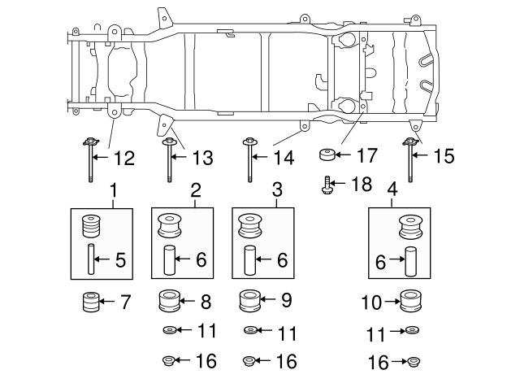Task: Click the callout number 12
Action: pyautogui.click(x=123, y=158)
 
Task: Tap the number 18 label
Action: pyautogui.click(x=361, y=185)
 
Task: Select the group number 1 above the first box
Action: pyautogui.click(x=114, y=191)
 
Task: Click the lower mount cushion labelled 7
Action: pyautogui.click(x=90, y=303)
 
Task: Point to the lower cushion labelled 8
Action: pyautogui.click(x=169, y=302)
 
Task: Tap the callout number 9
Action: pyautogui.click(x=285, y=302)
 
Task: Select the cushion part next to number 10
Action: pyautogui.click(x=412, y=303)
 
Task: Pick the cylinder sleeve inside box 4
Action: pyautogui.click(x=411, y=262)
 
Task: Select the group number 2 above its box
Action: pyautogui.click(x=195, y=191)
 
